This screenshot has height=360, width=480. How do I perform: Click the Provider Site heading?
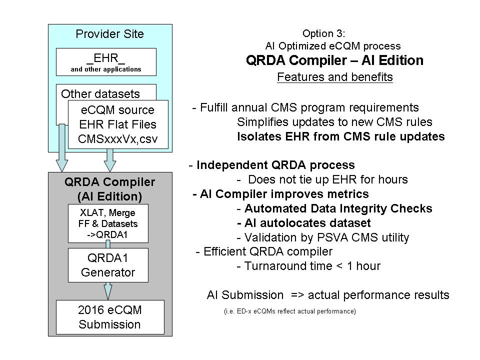[109, 34]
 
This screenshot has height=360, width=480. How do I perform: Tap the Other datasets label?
[100, 93]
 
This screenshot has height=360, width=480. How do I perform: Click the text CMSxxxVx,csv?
[118, 138]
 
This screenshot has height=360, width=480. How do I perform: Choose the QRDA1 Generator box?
[108, 266]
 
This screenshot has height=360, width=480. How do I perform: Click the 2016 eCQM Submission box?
[110, 317]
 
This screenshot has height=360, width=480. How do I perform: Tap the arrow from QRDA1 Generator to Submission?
[108, 290]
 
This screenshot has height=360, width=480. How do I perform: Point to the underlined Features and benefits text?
[334, 77]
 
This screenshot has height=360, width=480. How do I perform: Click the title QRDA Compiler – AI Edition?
[334, 60]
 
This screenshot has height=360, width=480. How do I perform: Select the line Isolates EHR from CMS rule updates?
[340, 136]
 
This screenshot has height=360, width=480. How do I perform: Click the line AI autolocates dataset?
[304, 222]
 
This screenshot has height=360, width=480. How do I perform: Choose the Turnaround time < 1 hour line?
[308, 266]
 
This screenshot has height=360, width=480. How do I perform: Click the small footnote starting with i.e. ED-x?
[289, 311]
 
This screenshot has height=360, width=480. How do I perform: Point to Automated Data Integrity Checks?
[334, 208]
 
